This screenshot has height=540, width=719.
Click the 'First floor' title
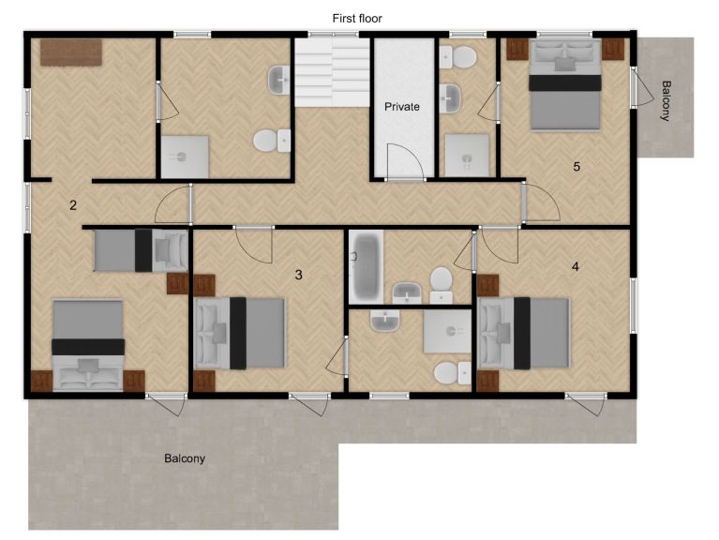(x=357, y=19)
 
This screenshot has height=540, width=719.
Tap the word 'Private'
(x=402, y=107)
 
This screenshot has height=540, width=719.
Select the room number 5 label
(x=577, y=166)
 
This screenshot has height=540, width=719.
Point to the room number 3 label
(x=298, y=275)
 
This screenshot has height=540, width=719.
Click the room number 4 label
(x=576, y=266)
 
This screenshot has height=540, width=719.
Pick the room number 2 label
(x=73, y=205)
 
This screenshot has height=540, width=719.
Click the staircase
(x=332, y=72)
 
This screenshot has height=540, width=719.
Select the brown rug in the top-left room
(x=71, y=52)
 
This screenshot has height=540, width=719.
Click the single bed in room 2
(x=141, y=250)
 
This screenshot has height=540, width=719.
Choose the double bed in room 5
(x=565, y=84)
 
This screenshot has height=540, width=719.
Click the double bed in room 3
(x=239, y=333)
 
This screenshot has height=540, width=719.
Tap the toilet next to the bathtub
(x=442, y=285)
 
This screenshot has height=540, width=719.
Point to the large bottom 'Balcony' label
(x=185, y=458)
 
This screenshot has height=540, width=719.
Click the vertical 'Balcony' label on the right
(x=666, y=101)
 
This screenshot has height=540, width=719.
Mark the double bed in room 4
(x=523, y=333)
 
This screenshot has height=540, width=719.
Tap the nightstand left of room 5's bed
(x=517, y=50)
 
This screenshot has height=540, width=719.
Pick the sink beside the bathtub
(x=407, y=292)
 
